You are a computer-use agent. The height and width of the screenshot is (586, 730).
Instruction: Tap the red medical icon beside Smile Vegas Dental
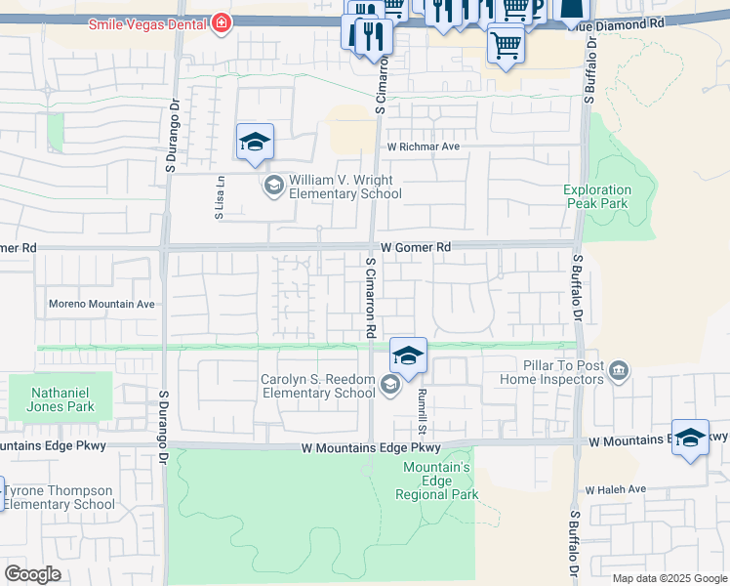(x=223, y=21)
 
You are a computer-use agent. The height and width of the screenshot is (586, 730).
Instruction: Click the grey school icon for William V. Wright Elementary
(x=273, y=186)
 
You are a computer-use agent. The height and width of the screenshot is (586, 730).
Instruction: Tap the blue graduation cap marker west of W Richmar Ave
(x=255, y=144)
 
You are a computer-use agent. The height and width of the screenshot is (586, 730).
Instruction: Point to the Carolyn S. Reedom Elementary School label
(x=317, y=386)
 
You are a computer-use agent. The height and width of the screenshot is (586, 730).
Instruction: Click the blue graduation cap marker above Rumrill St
(x=409, y=356)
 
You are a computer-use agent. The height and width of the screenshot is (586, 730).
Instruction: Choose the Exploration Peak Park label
(x=597, y=197)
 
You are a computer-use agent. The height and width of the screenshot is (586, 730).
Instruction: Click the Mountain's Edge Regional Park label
(x=437, y=481)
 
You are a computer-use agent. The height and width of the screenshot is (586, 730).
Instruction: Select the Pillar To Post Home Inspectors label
(x=550, y=372)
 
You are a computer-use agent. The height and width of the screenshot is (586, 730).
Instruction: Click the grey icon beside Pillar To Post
(x=618, y=371)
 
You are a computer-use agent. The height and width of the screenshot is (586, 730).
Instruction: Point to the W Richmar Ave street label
(x=423, y=146)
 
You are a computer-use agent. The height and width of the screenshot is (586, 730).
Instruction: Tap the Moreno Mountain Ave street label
(x=101, y=305)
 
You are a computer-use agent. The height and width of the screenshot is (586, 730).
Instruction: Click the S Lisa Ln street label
(x=221, y=198)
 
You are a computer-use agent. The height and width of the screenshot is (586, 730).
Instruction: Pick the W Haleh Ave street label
(x=616, y=489)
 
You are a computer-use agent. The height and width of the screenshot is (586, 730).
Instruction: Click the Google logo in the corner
(x=32, y=574)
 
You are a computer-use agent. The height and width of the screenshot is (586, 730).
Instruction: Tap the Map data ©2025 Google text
(x=669, y=578)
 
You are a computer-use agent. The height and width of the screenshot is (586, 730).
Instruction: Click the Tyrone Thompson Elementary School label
(x=59, y=497)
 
